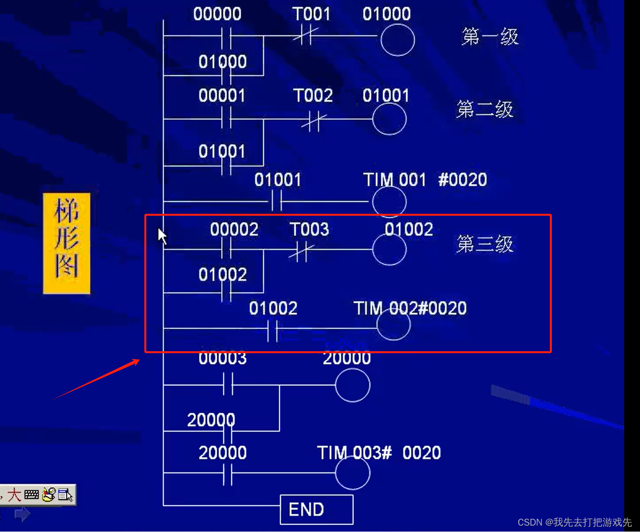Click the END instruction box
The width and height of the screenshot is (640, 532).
(x=316, y=509)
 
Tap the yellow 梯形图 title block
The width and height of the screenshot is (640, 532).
(x=67, y=243)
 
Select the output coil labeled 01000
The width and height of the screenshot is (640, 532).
(x=397, y=39)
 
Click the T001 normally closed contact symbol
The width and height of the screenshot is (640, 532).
(x=305, y=36)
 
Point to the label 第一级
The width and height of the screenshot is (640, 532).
(x=490, y=36)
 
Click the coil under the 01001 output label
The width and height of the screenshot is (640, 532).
(x=389, y=119)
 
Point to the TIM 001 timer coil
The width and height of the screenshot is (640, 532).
(x=389, y=201)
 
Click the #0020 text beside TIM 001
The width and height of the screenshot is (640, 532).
(x=462, y=180)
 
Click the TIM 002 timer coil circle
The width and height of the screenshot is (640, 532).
(x=393, y=325)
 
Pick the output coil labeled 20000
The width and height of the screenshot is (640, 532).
(x=352, y=385)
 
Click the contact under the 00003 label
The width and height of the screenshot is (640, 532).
(x=227, y=385)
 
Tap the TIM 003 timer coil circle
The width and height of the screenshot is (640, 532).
(x=352, y=473)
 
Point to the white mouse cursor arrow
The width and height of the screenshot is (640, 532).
(x=162, y=235)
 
